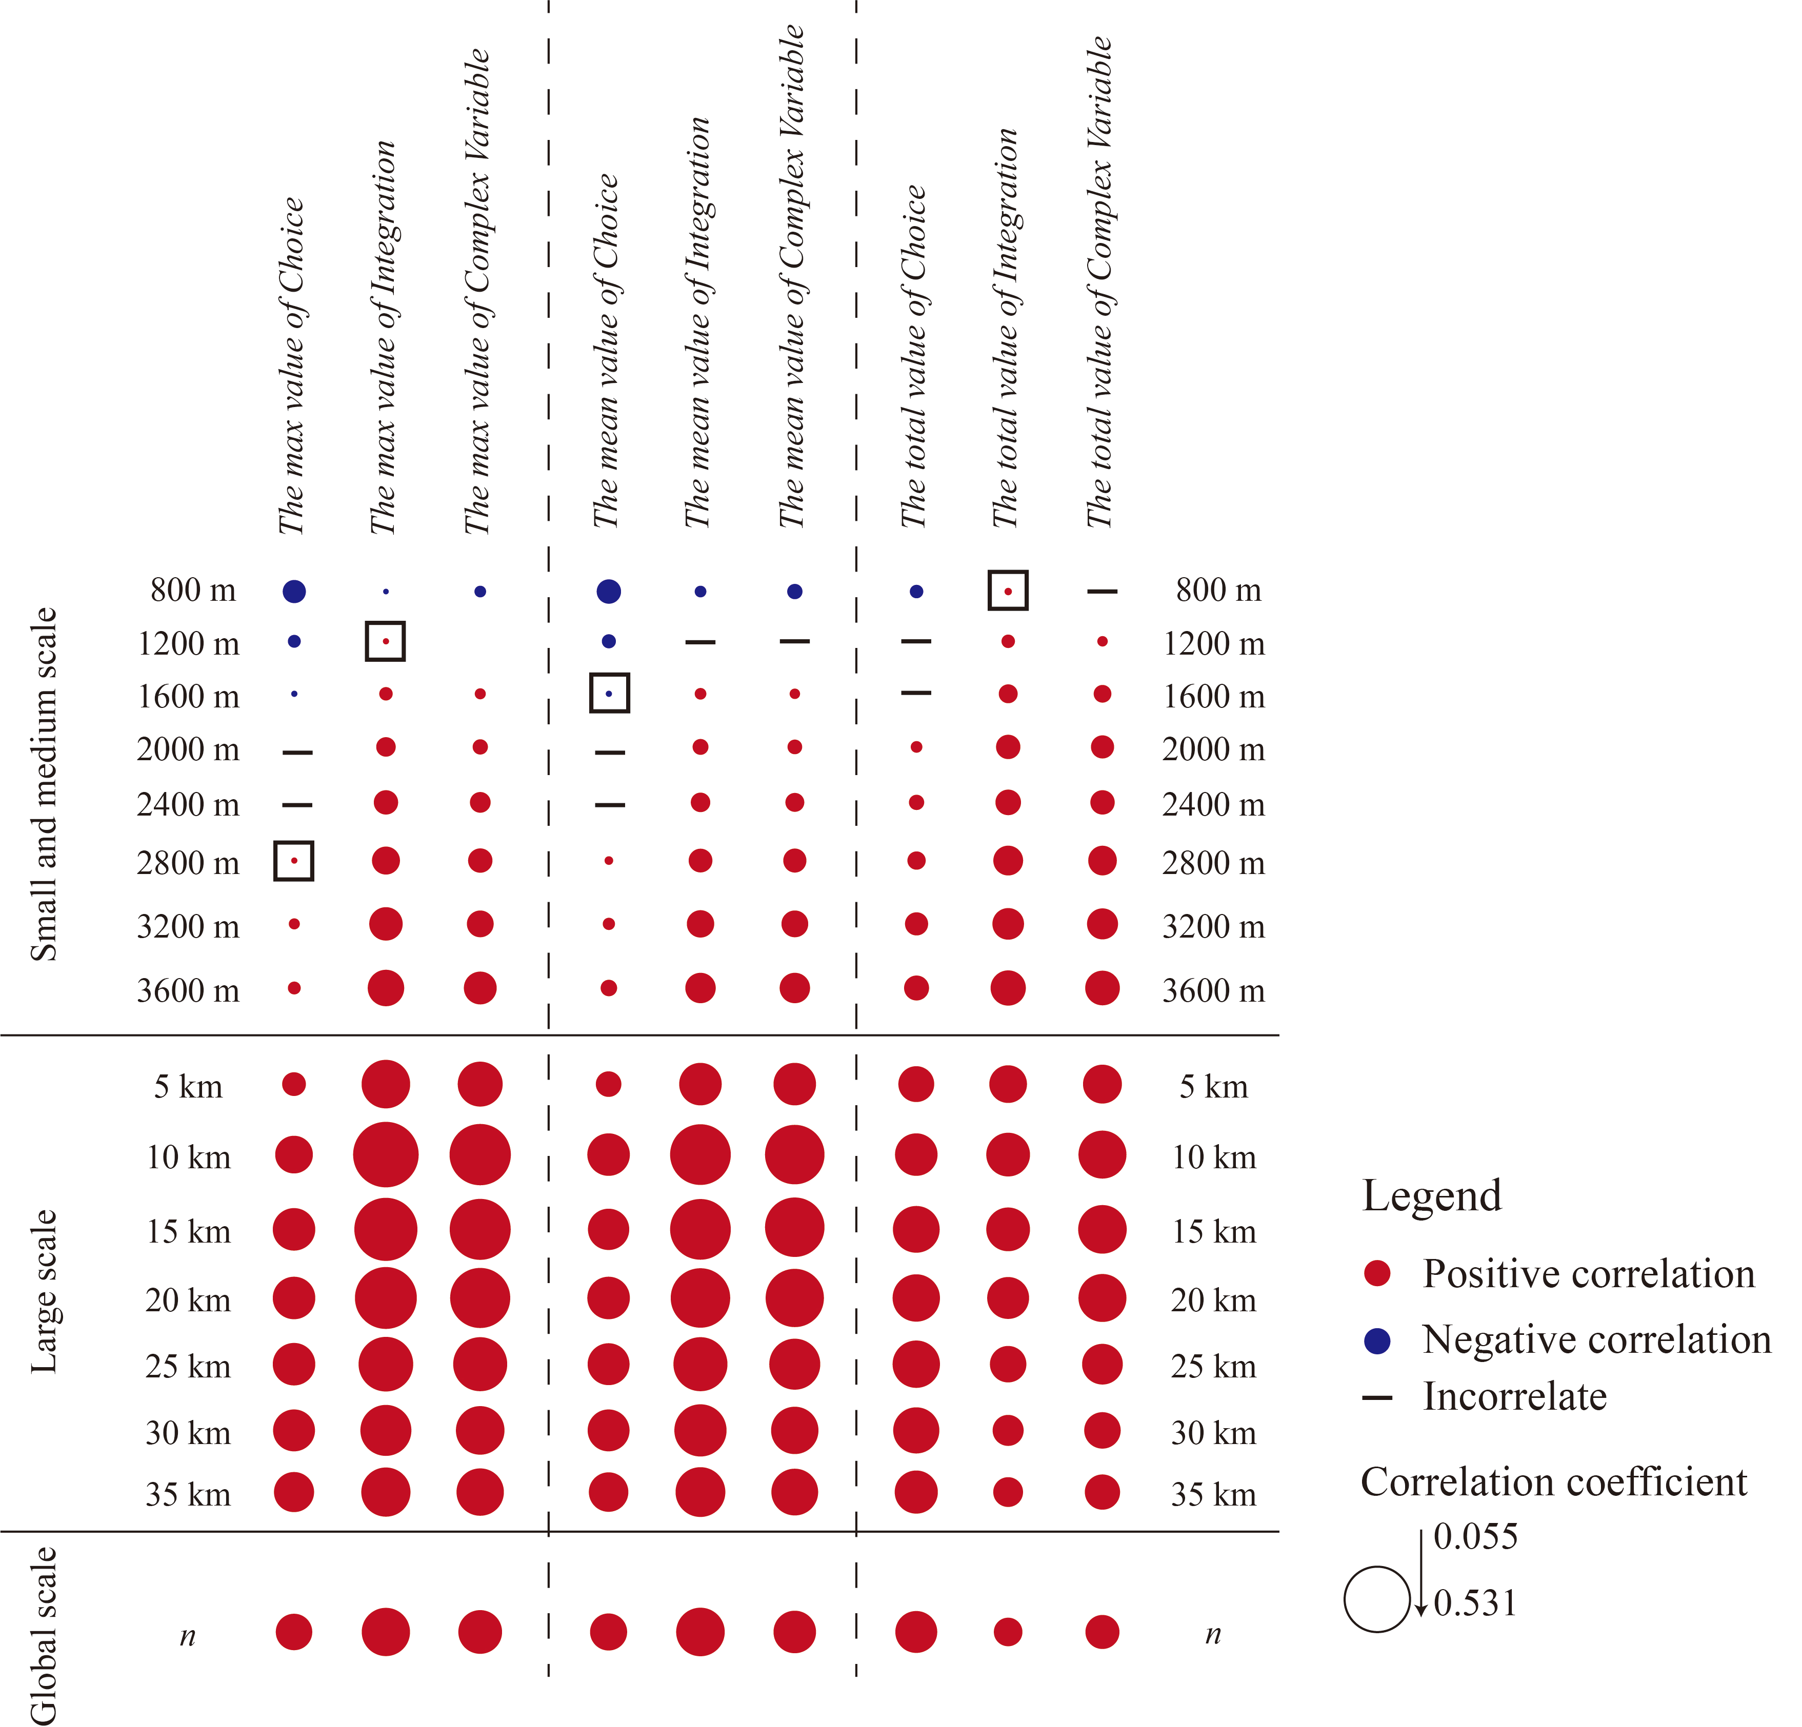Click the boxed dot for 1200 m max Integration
point(385,641)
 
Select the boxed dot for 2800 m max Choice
point(293,860)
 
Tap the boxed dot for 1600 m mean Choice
point(609,693)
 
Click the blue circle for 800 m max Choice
point(293,591)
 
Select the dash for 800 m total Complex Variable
point(1102,591)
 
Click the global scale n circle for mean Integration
point(699,1632)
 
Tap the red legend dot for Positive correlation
point(1376,1273)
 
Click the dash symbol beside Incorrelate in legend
point(1376,1398)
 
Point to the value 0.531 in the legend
point(1475,1603)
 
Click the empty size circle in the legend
point(1376,1599)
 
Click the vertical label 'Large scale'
point(43,1291)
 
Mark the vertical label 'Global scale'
point(43,1635)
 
